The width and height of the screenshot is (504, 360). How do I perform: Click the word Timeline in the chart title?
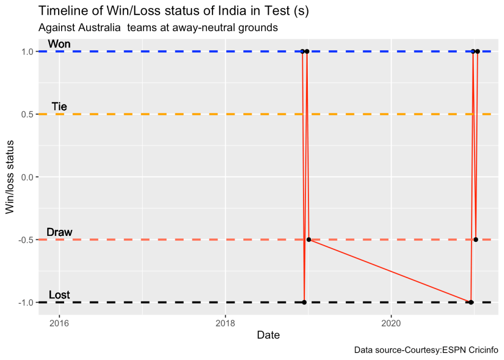(x=59, y=11)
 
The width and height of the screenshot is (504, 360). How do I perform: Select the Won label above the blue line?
(x=59, y=44)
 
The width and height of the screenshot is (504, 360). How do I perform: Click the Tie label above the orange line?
(x=59, y=107)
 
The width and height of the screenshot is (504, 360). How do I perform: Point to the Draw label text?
(x=59, y=232)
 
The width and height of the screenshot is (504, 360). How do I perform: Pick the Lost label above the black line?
(x=59, y=295)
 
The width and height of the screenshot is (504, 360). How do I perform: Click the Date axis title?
(x=269, y=336)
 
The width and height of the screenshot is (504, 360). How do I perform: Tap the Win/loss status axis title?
(x=10, y=177)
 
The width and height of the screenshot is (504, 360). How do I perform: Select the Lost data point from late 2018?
(x=304, y=302)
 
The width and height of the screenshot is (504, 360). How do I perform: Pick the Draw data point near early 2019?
(x=309, y=240)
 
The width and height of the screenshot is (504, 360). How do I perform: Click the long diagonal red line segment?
(x=389, y=271)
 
